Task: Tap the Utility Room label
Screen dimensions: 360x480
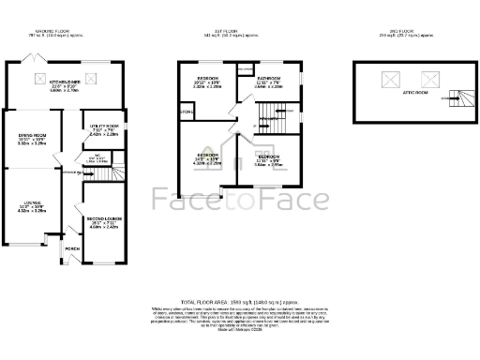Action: point(104,129)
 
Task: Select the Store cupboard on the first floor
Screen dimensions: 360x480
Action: point(187,114)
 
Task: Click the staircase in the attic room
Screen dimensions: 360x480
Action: point(456,94)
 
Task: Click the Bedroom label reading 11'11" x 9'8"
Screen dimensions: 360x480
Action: point(267,159)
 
